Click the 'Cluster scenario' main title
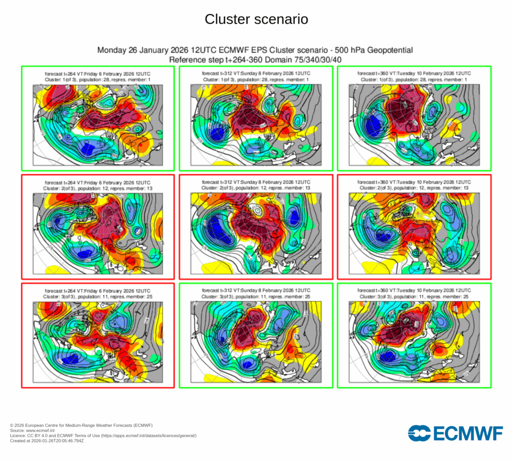click(x=256, y=20)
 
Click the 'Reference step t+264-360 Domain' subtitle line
click(x=255, y=60)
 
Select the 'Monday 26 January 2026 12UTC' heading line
click(x=255, y=51)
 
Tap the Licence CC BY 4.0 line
click(x=103, y=436)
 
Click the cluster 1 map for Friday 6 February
click(x=98, y=125)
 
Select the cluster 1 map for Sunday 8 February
click(x=255, y=125)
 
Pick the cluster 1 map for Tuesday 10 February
click(x=414, y=125)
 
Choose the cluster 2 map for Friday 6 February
click(x=98, y=234)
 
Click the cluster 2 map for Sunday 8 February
click(x=255, y=234)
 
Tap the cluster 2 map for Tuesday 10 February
click(x=414, y=234)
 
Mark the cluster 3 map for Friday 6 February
click(x=98, y=342)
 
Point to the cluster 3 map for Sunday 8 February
click(x=255, y=342)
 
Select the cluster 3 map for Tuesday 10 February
click(x=414, y=342)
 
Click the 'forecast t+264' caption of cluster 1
click(x=98, y=74)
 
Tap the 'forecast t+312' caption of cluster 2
click(x=255, y=182)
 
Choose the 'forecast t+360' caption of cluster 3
click(x=414, y=291)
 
